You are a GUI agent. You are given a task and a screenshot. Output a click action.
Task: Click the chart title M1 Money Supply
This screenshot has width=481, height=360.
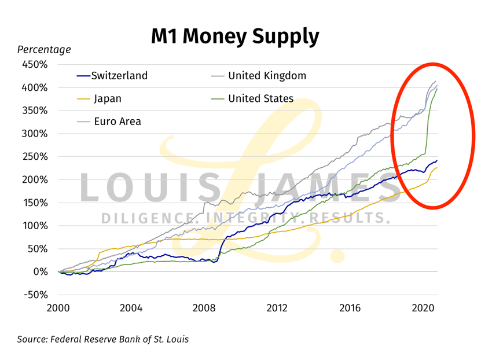point(235,36)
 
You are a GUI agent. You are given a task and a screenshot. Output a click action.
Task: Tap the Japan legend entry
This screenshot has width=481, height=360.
point(108,98)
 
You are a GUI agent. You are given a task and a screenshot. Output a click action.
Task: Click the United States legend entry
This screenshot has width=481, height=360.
point(260,98)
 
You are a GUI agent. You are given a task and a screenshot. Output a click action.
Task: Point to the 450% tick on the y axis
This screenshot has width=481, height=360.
point(35,64)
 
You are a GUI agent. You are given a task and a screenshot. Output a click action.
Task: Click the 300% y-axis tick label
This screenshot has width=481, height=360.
point(35,133)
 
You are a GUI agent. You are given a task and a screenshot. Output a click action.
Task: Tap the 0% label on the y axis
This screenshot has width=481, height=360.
point(39,271)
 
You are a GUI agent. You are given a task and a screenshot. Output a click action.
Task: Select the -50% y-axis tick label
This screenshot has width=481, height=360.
point(35,295)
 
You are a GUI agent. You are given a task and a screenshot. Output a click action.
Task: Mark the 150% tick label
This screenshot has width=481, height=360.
point(35,203)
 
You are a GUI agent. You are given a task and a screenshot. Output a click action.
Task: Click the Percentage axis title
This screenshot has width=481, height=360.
point(44,50)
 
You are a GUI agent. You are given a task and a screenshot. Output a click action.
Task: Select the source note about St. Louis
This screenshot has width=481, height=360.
point(103,339)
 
